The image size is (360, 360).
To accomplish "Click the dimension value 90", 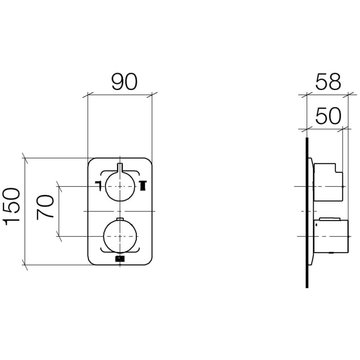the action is (x=124, y=82).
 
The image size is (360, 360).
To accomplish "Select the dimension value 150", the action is (x=11, y=206).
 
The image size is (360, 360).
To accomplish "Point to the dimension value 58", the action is (x=328, y=82).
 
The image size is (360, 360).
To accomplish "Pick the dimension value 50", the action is (x=328, y=116).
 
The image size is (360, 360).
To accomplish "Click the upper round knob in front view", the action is (x=120, y=186).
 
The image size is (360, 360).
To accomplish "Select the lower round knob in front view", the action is (x=120, y=236).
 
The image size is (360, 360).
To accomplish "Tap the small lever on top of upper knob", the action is (x=120, y=167).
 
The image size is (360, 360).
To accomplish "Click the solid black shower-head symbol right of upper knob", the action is (x=142, y=186).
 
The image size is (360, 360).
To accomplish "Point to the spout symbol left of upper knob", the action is (x=99, y=186).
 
